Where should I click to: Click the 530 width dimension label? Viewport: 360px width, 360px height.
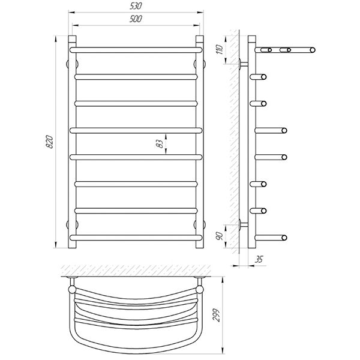coord(136,6)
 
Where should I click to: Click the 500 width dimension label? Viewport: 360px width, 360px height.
coord(136,19)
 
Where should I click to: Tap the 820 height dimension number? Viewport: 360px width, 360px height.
coord(50,142)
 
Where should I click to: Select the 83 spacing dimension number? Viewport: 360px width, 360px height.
coord(161,144)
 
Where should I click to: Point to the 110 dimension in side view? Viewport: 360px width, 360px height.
coord(220,49)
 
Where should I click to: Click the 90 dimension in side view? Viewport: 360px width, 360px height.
coord(220,236)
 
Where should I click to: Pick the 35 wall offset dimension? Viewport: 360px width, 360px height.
coord(259,259)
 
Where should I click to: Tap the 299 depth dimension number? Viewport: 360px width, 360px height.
coord(216,315)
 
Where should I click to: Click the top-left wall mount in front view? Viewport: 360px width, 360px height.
coord(72,64)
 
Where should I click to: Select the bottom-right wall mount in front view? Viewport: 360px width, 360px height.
coord(200,224)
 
